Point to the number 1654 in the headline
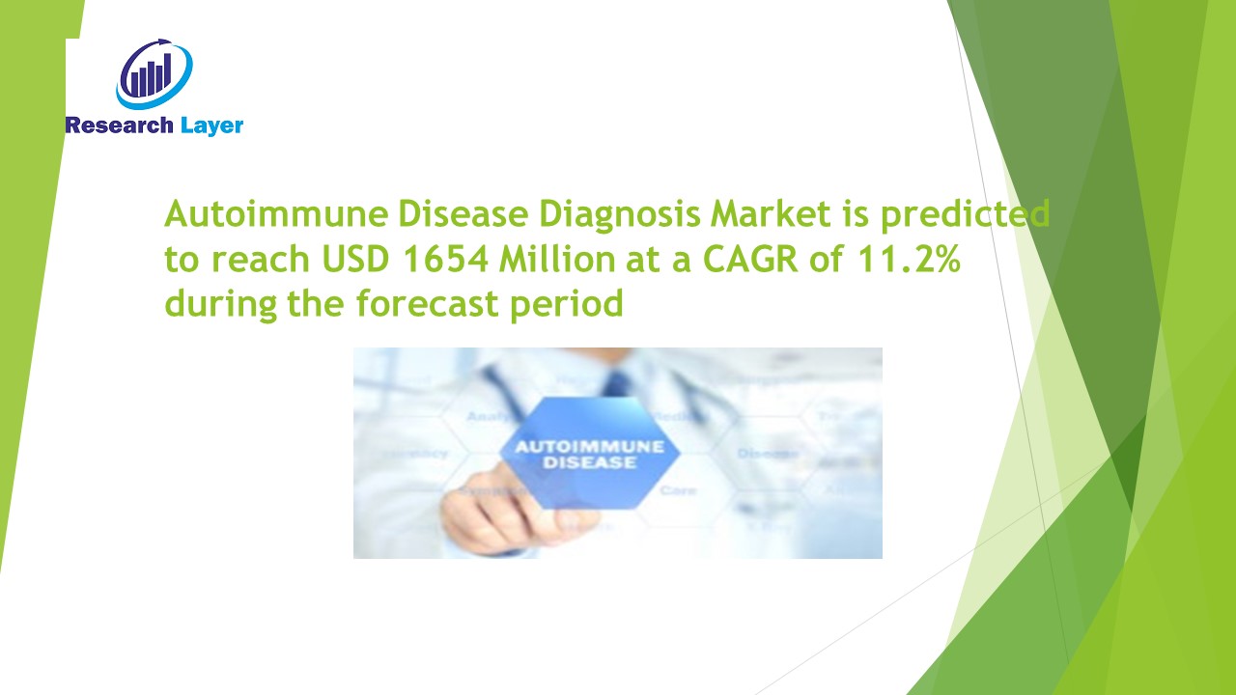click(430, 260)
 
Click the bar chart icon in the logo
click(153, 74)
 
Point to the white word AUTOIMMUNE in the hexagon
click(588, 447)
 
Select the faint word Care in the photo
click(677, 490)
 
